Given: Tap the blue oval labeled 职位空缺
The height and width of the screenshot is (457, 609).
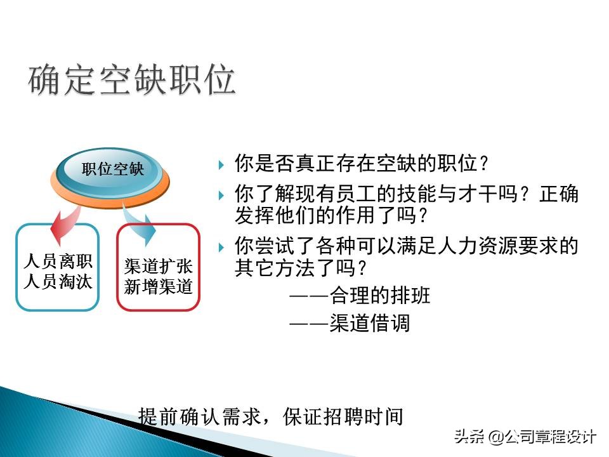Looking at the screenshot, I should [113, 169].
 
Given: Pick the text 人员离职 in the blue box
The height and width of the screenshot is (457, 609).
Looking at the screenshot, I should [58, 262].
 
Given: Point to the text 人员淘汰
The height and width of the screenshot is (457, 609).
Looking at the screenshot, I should [58, 282].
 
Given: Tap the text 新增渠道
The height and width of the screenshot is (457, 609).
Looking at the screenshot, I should [159, 287].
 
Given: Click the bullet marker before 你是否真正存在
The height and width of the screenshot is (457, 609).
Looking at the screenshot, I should [221, 164].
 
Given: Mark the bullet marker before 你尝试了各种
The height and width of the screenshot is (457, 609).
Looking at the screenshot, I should [221, 246].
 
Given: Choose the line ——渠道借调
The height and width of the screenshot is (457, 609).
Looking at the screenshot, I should [350, 323].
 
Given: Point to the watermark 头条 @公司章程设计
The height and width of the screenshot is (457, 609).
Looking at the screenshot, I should [524, 437].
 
